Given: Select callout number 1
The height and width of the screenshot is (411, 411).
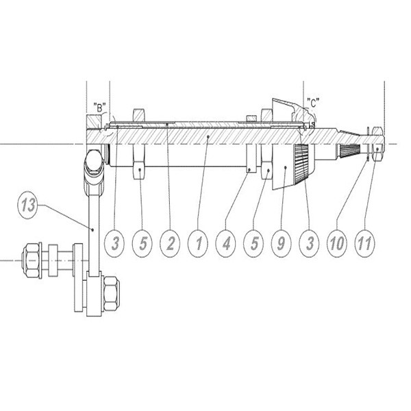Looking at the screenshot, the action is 199,243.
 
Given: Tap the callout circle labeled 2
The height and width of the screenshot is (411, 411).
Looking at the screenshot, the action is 171,243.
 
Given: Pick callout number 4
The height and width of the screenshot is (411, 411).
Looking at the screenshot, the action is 226,243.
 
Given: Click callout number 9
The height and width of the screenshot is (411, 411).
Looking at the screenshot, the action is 281,243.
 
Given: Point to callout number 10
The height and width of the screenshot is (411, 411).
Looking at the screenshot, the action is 337,243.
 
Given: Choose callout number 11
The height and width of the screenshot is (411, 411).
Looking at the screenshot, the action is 364,243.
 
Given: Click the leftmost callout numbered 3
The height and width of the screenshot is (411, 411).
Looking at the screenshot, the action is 115,243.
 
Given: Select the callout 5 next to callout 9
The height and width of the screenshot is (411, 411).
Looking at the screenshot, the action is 253,243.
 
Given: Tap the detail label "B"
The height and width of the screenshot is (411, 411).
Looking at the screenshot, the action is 99,108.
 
